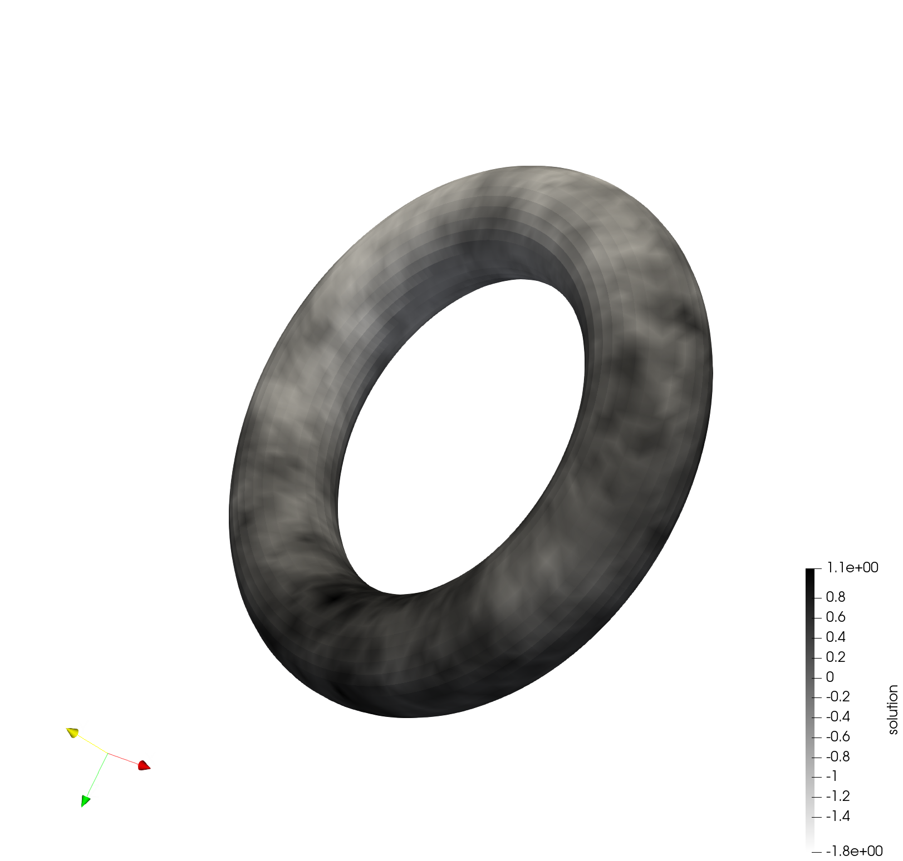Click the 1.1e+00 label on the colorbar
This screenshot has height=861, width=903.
tap(852, 567)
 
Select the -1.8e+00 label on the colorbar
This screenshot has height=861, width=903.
tap(854, 851)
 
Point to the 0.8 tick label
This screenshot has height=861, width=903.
tap(835, 597)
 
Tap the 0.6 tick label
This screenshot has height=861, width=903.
tap(835, 617)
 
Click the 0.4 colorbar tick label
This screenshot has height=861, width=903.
tap(835, 637)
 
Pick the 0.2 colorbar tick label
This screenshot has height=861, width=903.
tap(835, 657)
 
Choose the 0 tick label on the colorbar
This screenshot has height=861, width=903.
tap(830, 677)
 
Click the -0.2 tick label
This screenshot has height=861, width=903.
tap(838, 697)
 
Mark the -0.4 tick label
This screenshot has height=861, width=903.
tap(838, 717)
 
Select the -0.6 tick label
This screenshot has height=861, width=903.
tap(838, 737)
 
